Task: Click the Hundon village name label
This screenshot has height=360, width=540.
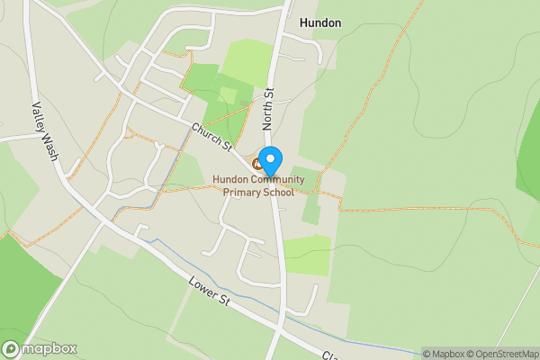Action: coord(319,23)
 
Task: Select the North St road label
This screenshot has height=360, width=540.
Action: coord(268,107)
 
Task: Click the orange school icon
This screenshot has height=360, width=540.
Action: coord(257,163)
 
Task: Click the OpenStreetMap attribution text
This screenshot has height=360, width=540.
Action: coord(506,353)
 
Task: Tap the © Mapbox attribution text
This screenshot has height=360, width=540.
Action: coord(445,353)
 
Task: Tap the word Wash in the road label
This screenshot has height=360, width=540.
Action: coord(51,147)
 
